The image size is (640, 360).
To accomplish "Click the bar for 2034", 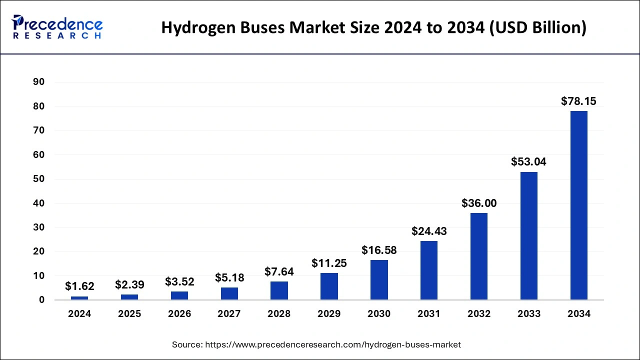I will (578, 205).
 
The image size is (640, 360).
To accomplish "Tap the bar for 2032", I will (478, 256).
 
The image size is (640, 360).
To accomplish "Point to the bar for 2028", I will (279, 290).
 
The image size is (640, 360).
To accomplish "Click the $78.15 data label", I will (578, 101).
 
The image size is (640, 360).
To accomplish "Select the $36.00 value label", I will (478, 203).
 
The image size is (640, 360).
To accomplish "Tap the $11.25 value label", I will (329, 263).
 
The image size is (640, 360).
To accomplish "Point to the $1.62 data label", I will (79, 286).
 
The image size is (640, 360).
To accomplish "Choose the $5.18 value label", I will (229, 277).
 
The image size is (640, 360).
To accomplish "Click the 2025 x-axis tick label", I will (129, 314).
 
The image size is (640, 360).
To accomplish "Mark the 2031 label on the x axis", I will (429, 314).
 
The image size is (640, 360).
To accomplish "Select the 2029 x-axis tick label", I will (329, 314).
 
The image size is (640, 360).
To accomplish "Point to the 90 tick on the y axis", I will (39, 82).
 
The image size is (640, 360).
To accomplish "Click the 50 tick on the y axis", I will (39, 179).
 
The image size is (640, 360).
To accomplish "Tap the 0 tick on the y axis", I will (42, 300).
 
